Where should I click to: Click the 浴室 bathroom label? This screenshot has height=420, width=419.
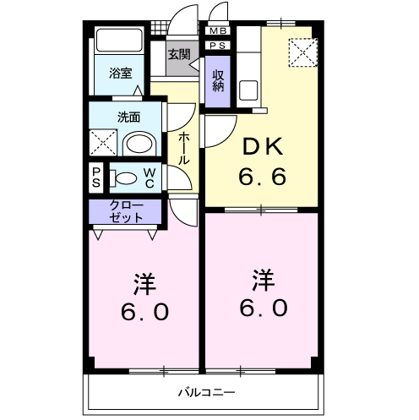[121, 73]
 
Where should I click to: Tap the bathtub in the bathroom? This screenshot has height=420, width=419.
[120, 41]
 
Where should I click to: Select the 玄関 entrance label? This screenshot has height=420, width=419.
[178, 55]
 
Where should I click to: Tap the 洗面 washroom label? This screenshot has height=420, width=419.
[128, 117]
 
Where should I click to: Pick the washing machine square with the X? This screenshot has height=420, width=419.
[105, 141]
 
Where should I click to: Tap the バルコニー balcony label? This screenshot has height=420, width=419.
[206, 393]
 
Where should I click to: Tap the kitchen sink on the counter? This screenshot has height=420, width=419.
[248, 89]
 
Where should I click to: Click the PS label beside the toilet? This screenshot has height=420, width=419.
[96, 178]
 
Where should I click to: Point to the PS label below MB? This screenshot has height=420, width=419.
[217, 46]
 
